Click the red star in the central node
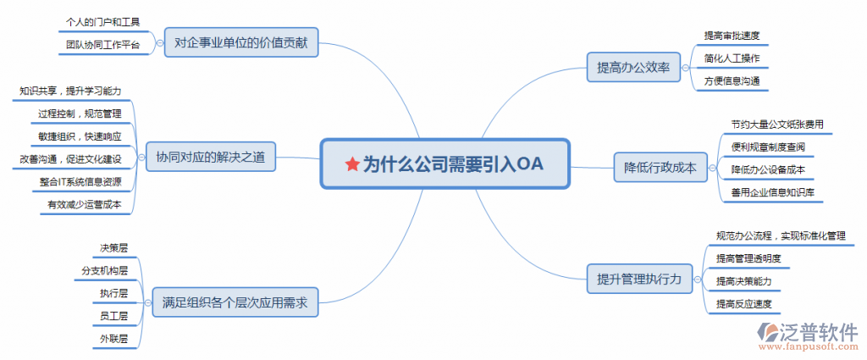coord(352,164)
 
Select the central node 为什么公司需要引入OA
coord(445,164)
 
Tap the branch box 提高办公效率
coord(633,68)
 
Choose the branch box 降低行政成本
coord(660,167)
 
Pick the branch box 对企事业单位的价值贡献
coord(241,42)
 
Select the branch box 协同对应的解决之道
coord(211,157)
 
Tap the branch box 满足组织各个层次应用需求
coord(235,302)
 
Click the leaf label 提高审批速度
coord(732,36)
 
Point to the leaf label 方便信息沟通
coord(732,80)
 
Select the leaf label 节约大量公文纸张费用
coord(777,125)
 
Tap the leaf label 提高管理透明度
coord(748,258)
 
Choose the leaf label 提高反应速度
coord(743,303)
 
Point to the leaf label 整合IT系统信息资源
coord(80,182)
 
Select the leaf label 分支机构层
coord(104,270)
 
